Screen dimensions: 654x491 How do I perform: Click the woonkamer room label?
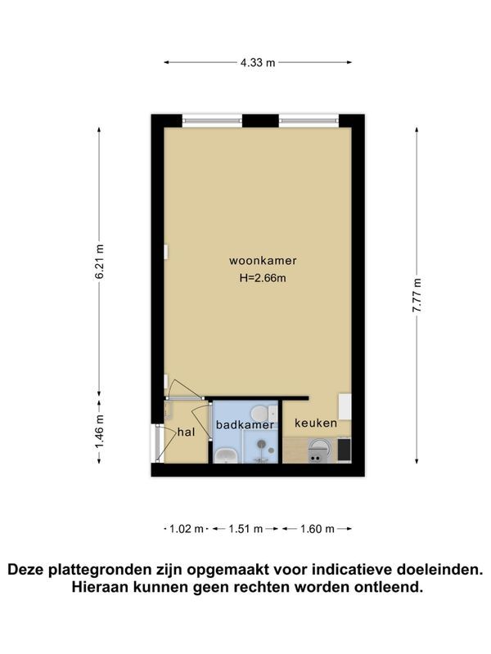[x=262, y=261]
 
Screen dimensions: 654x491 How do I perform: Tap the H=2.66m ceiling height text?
[x=262, y=278]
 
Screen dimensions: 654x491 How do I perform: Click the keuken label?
[x=315, y=424]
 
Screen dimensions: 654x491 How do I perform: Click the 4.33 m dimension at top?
[x=259, y=61]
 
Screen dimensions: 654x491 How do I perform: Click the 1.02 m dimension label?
[x=186, y=529]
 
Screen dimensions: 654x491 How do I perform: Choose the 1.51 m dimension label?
[x=245, y=529]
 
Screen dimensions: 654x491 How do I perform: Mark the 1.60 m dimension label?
[x=318, y=529]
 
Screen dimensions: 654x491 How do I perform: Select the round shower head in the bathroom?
[x=261, y=445]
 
